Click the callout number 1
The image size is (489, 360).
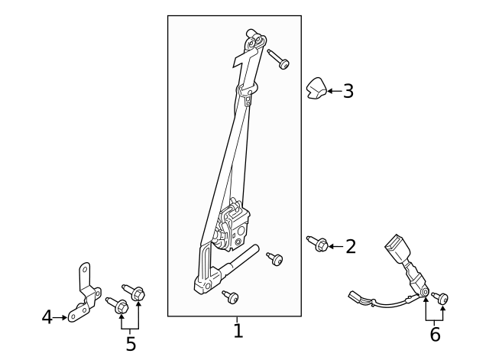tap(238, 331)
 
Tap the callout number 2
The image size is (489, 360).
tap(351, 247)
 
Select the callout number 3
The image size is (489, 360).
tap(348, 92)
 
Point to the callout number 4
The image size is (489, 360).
tap(47, 317)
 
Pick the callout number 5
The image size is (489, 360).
tap(131, 344)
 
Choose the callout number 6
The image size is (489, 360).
tap(435, 335)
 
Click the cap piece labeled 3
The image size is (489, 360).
tap(316, 88)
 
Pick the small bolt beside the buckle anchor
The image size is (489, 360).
tap(440, 297)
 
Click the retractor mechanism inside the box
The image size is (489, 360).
tap(232, 225)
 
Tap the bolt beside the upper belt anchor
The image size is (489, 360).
tap(278, 59)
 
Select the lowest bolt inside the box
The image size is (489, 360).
tap(231, 297)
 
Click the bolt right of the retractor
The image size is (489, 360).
tap(275, 258)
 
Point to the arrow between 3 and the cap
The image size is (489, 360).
tap(335, 91)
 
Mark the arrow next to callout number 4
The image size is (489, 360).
tap(60, 318)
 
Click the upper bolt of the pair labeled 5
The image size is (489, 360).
tap(134, 292)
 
